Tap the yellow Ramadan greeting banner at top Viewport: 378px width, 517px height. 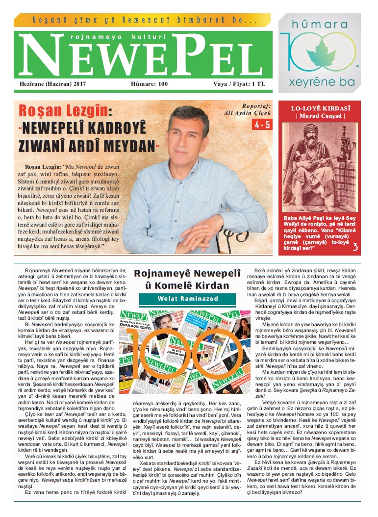(x=143, y=21)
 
